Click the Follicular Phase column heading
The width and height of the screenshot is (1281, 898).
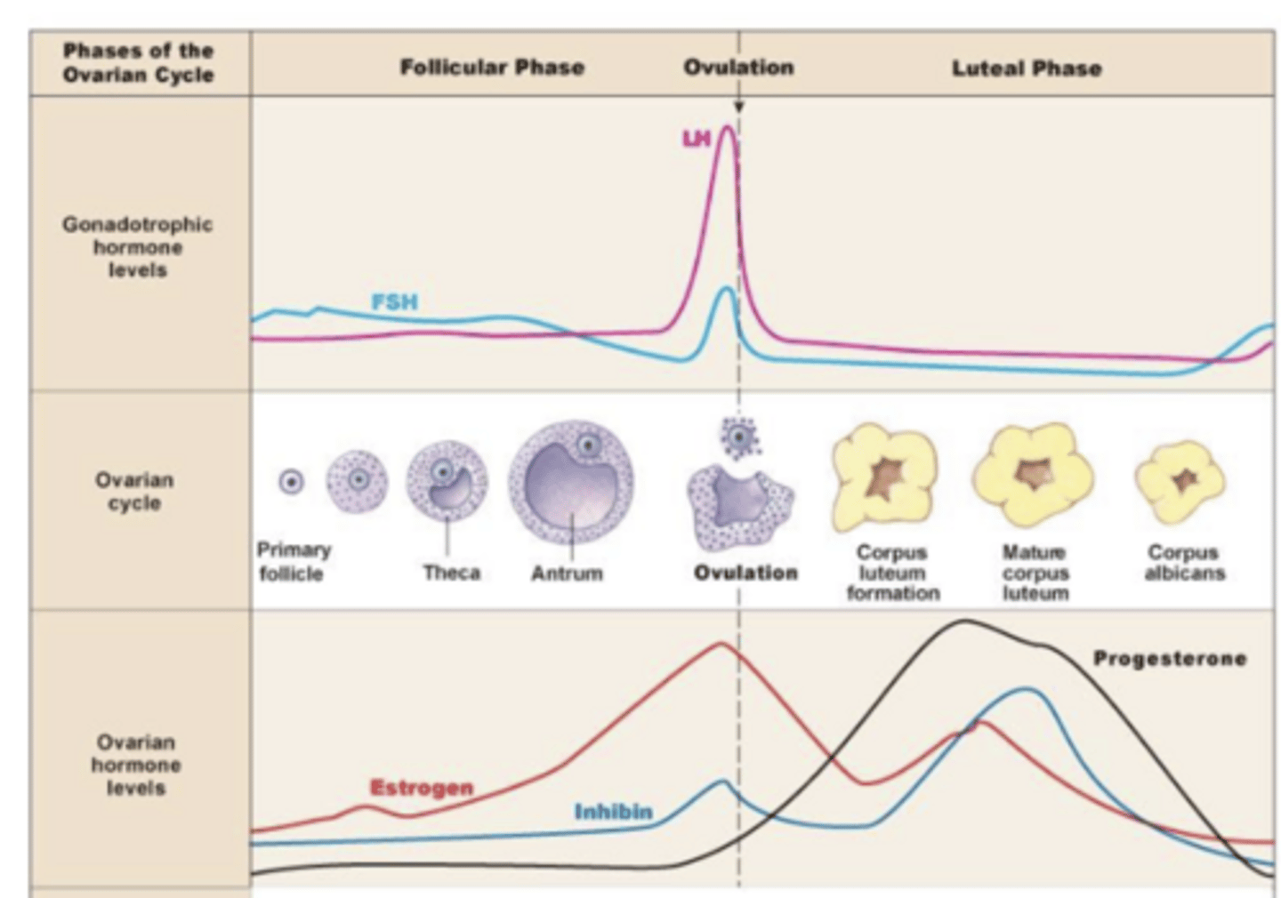coord(492,68)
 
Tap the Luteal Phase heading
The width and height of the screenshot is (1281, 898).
coord(1027,68)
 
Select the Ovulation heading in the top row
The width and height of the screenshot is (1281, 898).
coord(738,68)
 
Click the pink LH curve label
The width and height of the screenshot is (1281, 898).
coord(697,139)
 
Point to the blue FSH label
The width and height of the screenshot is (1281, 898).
coord(394,302)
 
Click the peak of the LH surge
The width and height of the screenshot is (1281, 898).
coord(728,127)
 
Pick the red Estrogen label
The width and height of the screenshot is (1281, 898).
coord(422,788)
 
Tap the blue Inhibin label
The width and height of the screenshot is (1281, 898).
coord(614,812)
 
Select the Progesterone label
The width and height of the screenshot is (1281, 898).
coord(1170,659)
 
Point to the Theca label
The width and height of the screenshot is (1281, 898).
coord(452,573)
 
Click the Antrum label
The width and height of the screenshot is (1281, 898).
coord(567,573)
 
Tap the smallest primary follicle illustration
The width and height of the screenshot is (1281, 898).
coord(291,482)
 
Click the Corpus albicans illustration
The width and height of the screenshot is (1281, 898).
coord(1180,481)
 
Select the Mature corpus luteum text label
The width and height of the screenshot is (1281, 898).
coord(1035,573)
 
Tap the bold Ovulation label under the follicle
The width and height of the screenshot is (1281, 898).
coord(745,573)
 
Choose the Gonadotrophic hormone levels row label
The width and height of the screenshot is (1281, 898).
coord(137,247)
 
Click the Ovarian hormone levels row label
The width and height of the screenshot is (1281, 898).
coord(136,765)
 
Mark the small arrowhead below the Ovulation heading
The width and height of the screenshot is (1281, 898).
coord(738,107)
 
